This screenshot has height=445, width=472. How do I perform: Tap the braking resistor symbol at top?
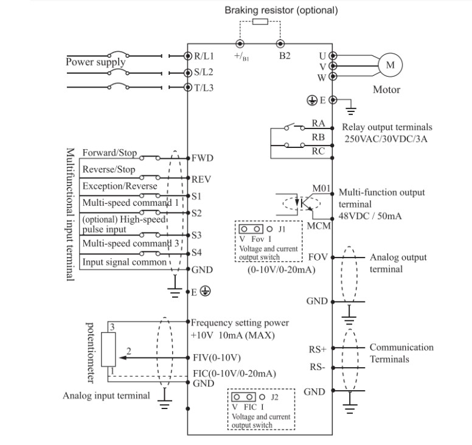pyautogui.click(x=260, y=23)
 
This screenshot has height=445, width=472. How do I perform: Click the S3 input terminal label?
pyautogui.click(x=196, y=234)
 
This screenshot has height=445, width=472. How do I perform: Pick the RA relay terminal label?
pyautogui.click(x=318, y=123)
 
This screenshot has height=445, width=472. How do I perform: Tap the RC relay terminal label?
pyautogui.click(x=318, y=152)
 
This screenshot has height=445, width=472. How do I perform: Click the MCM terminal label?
pyautogui.click(x=319, y=226)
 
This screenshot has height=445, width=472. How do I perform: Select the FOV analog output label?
pyautogui.click(x=318, y=258)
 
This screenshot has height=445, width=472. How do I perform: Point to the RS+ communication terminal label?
pyautogui.click(x=318, y=349)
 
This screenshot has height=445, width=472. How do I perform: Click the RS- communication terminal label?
pyautogui.click(x=318, y=367)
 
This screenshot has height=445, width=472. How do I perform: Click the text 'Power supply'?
pyautogui.click(x=95, y=62)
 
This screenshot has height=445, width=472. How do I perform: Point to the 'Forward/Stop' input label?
pyautogui.click(x=109, y=153)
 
